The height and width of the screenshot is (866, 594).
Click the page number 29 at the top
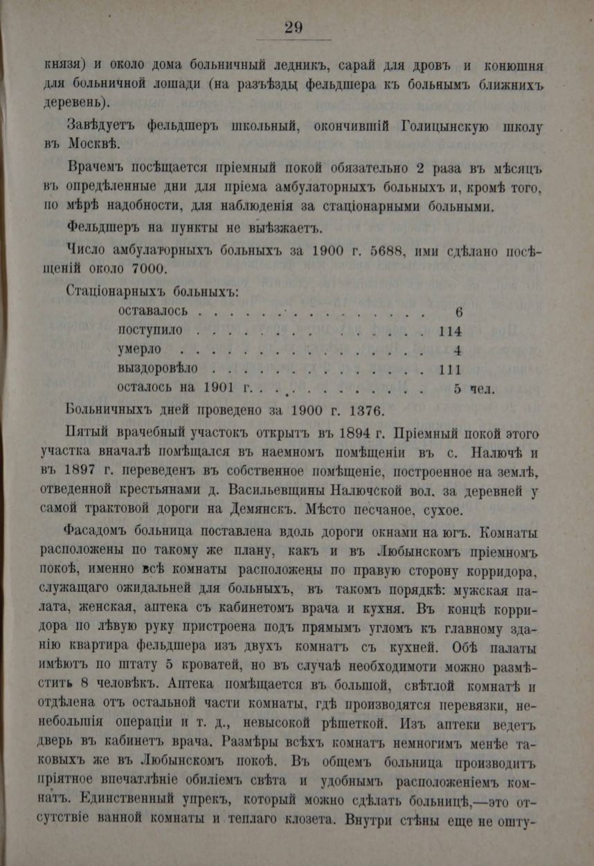293,27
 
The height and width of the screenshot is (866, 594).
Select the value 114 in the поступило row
449,330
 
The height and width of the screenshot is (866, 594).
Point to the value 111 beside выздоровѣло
449,368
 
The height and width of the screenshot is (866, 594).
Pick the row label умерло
140,349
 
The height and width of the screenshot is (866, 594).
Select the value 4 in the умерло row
458,350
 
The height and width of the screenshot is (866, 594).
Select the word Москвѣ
93,145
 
